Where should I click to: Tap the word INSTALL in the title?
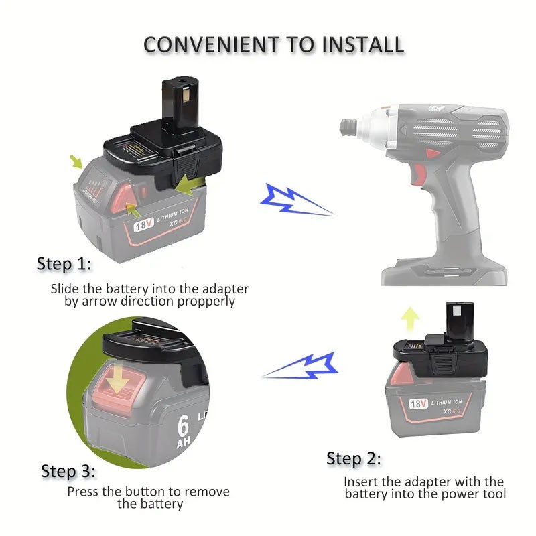click(363, 44)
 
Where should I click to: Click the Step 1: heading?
click(64, 264)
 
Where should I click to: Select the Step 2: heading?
click(354, 458)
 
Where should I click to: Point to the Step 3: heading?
click(68, 471)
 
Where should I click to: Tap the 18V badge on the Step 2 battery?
click(418, 404)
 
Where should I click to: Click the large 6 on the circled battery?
click(183, 425)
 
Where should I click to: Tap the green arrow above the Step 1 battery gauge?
click(76, 161)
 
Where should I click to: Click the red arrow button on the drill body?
click(432, 153)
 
